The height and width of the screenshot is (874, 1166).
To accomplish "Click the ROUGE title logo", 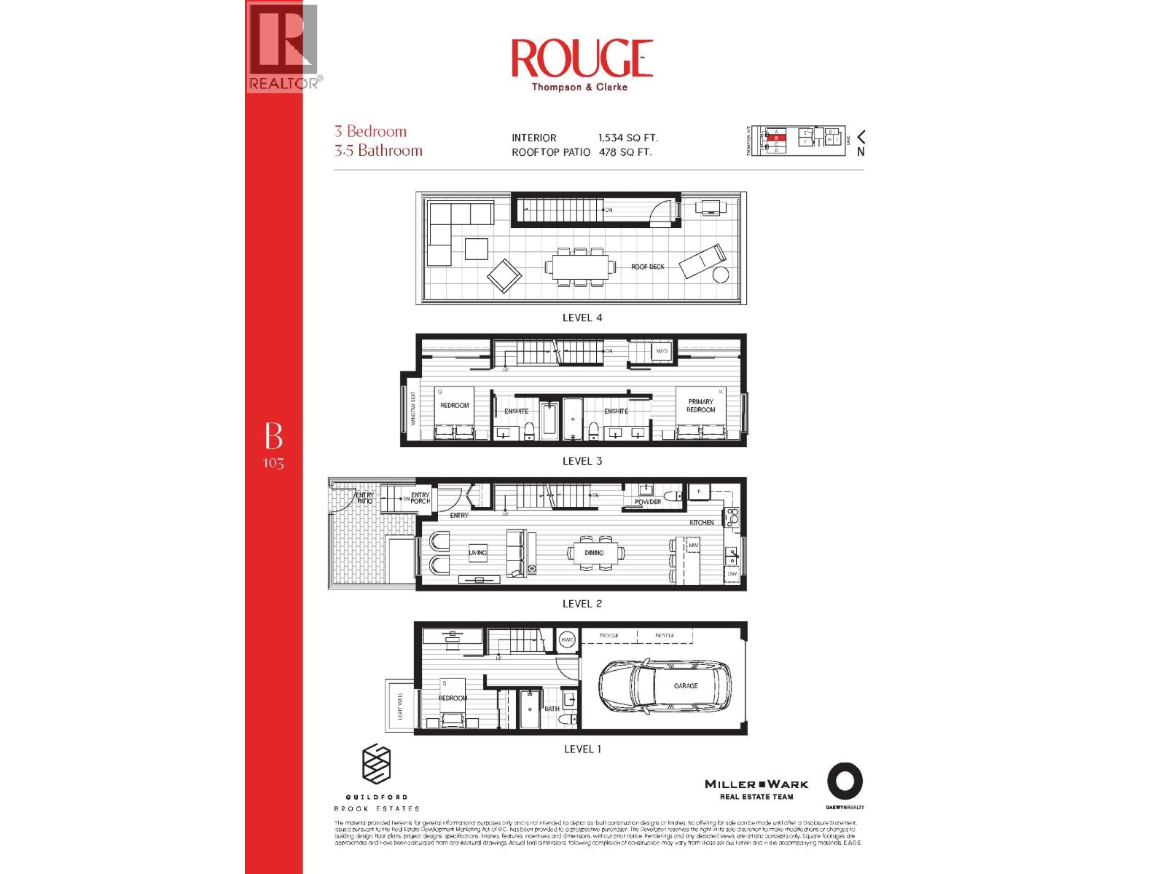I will [x=582, y=58].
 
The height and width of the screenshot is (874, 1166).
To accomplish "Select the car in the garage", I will [x=665, y=685].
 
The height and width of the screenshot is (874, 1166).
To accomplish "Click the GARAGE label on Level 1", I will [x=686, y=686].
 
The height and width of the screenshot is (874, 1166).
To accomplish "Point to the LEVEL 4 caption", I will [x=582, y=318].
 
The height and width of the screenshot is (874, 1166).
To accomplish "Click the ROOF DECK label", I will [x=648, y=267].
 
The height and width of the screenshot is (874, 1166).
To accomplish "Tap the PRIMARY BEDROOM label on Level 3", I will [x=701, y=406].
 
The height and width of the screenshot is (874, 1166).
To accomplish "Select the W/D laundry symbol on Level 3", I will [x=662, y=351].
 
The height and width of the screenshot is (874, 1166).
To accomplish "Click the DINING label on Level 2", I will [x=594, y=553].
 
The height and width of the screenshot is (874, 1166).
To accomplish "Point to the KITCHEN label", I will [x=702, y=523].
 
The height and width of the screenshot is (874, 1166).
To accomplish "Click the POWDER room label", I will [x=648, y=502].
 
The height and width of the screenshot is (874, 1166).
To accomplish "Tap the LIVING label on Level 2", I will [x=477, y=553].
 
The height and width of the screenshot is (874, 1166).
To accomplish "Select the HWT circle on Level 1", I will [x=567, y=639].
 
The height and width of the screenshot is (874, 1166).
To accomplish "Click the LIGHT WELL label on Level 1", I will [x=400, y=706].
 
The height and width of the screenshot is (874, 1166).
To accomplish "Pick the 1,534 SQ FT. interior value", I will [x=628, y=138].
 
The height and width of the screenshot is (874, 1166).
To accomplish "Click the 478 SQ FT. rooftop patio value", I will [x=625, y=152].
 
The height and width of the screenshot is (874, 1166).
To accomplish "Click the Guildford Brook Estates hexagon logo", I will [x=377, y=765].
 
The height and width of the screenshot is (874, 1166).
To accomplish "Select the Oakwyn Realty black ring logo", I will [x=845, y=782].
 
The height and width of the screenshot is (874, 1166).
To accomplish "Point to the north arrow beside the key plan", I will [x=861, y=137].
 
